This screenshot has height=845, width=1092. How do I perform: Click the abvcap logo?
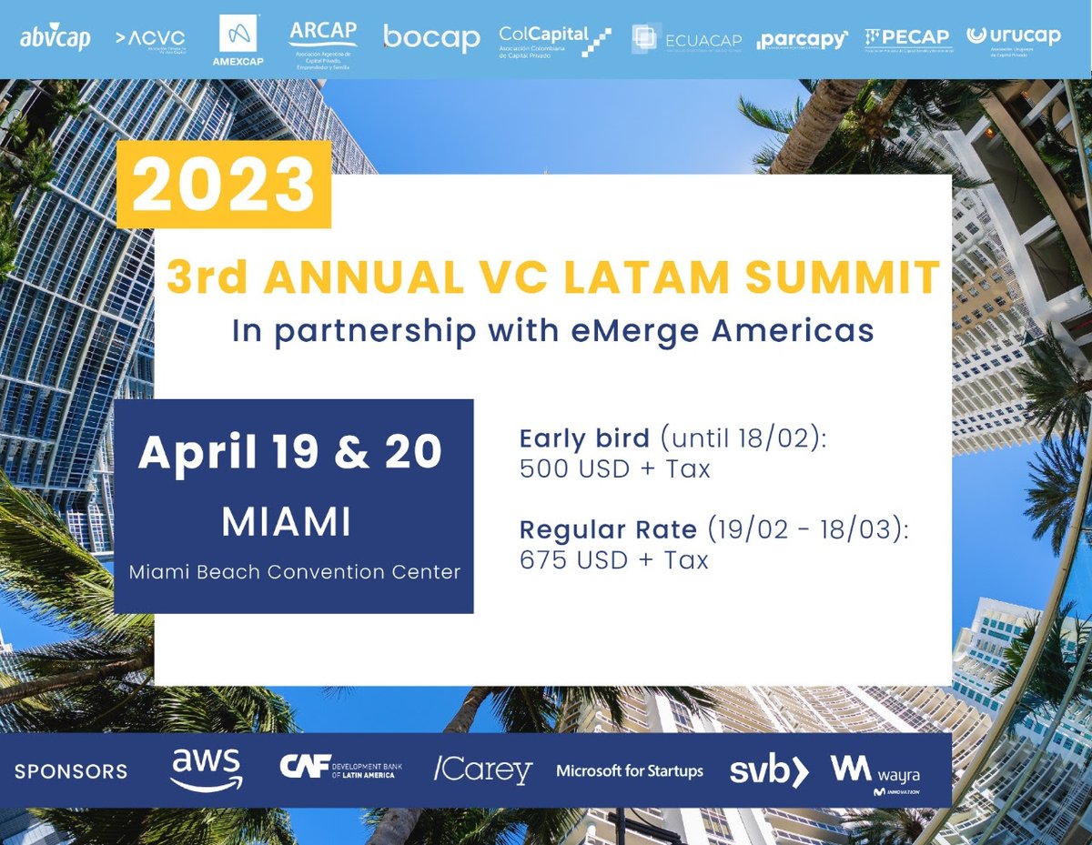[56, 40]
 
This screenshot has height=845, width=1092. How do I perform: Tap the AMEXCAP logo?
[238, 40]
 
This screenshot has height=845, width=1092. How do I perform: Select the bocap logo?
[431, 38]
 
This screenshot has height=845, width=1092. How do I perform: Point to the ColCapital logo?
[554, 41]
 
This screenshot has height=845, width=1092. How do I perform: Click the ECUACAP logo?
[687, 40]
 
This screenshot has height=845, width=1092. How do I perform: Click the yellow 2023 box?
[224, 185]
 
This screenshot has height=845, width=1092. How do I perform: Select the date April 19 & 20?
[290, 453]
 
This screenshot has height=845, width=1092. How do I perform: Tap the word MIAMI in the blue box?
[287, 523]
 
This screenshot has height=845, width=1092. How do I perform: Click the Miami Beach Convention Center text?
[294, 572]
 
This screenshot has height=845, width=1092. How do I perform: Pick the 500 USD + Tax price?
[614, 469]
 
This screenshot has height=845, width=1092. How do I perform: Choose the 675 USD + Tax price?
[614, 559]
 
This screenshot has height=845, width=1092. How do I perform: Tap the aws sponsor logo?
[206, 770]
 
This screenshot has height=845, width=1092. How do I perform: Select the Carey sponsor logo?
[482, 770]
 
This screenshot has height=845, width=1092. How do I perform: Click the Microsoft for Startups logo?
[630, 771]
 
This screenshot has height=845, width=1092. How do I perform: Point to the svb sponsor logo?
[769, 770]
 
